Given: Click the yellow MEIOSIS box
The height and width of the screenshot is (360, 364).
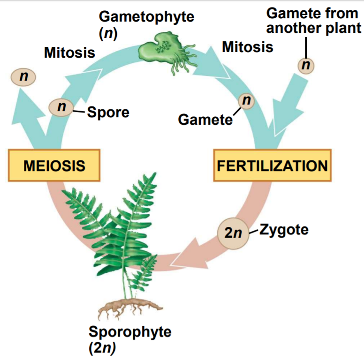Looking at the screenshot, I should [54, 165].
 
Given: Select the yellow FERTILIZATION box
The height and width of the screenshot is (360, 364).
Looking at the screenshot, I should [272, 165].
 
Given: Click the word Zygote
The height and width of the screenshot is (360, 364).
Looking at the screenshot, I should [284, 230].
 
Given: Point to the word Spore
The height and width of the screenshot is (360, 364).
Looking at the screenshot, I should [107, 112].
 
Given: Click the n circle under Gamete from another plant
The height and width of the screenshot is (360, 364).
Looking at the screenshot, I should [305, 66].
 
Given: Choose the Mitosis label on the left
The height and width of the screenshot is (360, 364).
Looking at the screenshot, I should [69, 52].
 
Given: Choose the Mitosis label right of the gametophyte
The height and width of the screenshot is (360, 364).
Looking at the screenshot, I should [247, 47].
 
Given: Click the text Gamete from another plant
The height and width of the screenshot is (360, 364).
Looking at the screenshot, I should [314, 21].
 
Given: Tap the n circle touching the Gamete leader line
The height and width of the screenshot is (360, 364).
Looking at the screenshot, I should [247, 100].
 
